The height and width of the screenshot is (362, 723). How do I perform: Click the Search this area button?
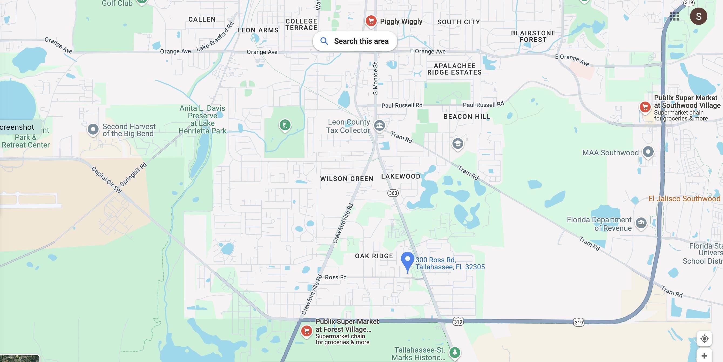pyautogui.click(x=355, y=41)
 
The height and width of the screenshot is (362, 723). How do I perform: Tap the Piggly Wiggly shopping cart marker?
pyautogui.click(x=371, y=21)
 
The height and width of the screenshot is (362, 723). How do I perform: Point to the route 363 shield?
pyautogui.click(x=393, y=193)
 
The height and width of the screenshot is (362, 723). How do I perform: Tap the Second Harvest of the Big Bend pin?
pyautogui.click(x=93, y=129)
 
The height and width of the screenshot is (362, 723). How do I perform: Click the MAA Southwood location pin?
pyautogui.click(x=648, y=152)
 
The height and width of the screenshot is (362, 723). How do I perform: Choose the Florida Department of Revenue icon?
pyautogui.click(x=641, y=223)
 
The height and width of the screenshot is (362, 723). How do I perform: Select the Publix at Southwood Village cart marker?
pyautogui.click(x=645, y=107)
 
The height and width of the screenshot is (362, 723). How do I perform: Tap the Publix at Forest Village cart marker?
pyautogui.click(x=306, y=331)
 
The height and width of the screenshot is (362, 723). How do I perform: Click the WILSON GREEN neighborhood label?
pyautogui.click(x=347, y=179)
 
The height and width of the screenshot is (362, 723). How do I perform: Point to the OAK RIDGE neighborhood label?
pyautogui.click(x=374, y=256)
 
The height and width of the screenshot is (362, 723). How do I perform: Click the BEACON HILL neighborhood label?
pyautogui.click(x=467, y=117)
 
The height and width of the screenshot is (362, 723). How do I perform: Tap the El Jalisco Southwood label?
pyautogui.click(x=684, y=199)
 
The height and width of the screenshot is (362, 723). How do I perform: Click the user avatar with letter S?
pyautogui.click(x=699, y=16)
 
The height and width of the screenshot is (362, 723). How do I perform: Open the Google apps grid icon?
pyautogui.click(x=674, y=16)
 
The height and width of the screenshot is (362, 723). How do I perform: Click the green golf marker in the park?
pyautogui.click(x=285, y=125)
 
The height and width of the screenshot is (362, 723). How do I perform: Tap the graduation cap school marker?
pyautogui.click(x=458, y=144)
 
